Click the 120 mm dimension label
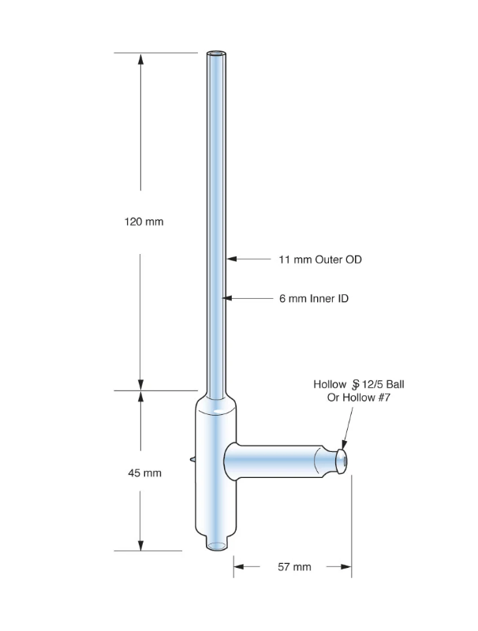pos(144,222)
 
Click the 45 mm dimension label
pos(144,473)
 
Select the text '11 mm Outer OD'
pos(320,259)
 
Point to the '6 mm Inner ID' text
pos(314,299)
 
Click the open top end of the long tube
pos(217,55)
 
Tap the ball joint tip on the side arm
pos(343,461)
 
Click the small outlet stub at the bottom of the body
pos(217,544)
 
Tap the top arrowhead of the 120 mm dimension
pos(141,59)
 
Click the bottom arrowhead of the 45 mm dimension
pos(141,545)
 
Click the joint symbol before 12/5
pos(356,384)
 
